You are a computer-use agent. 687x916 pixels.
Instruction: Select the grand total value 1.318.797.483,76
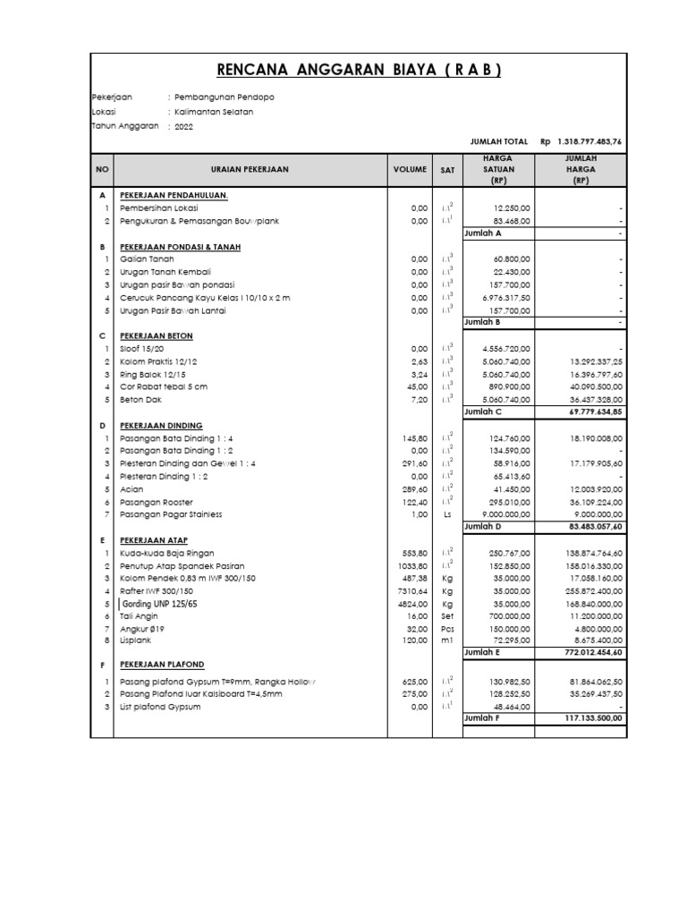click(591, 141)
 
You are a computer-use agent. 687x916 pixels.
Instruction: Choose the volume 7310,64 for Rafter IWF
click(411, 591)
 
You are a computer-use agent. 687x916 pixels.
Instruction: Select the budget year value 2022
click(183, 127)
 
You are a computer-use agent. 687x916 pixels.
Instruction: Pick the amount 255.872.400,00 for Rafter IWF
click(593, 591)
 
